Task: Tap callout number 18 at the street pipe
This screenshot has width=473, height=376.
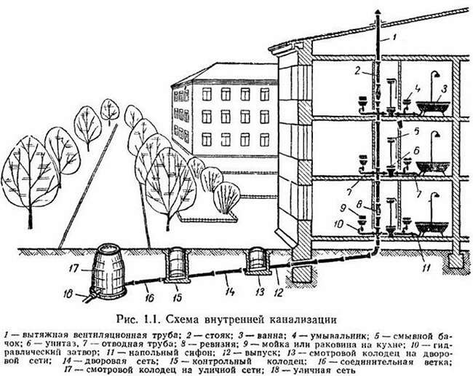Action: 68,294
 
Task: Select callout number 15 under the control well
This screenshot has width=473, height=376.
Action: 178,297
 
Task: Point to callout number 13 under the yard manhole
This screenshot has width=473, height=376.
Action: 259,291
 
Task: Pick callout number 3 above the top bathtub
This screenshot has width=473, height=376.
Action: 444,89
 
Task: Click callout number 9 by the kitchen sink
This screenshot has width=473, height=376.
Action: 342,208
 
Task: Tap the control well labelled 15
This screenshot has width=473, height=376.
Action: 176,265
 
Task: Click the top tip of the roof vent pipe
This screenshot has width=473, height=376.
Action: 378,10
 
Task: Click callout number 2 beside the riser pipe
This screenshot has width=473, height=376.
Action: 357,71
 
